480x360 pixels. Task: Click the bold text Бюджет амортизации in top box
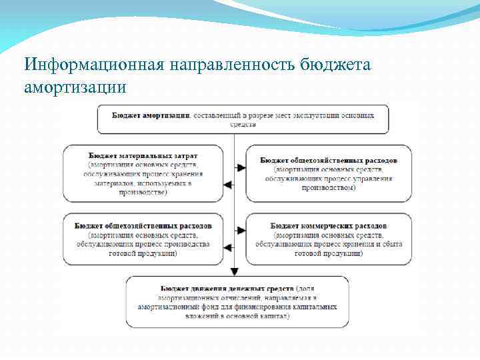click(151, 115)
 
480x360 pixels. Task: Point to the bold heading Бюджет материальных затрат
click(143, 154)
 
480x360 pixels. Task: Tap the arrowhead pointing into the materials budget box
click(227, 185)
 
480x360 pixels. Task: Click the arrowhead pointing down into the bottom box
click(234, 271)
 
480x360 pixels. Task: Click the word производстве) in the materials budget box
click(143, 193)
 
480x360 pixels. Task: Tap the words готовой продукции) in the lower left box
click(143, 254)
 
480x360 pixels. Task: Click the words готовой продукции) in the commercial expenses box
click(326, 254)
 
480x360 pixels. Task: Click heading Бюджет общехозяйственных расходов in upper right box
click(329, 161)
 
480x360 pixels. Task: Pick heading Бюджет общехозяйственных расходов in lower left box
click(143, 226)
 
